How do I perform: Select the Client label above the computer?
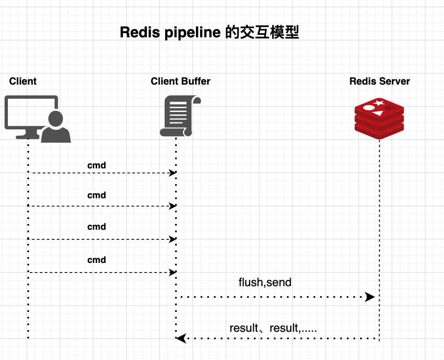(23, 81)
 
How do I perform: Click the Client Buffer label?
(181, 81)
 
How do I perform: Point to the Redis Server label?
(380, 81)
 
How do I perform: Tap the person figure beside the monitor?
(56, 126)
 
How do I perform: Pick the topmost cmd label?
(97, 165)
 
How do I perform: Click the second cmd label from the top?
(97, 195)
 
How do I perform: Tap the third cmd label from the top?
(97, 226)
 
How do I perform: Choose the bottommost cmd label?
(97, 260)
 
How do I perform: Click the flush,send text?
(265, 282)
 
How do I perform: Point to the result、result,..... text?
(273, 328)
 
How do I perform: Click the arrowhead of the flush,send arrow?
(370, 297)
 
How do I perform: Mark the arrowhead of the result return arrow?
(181, 339)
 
